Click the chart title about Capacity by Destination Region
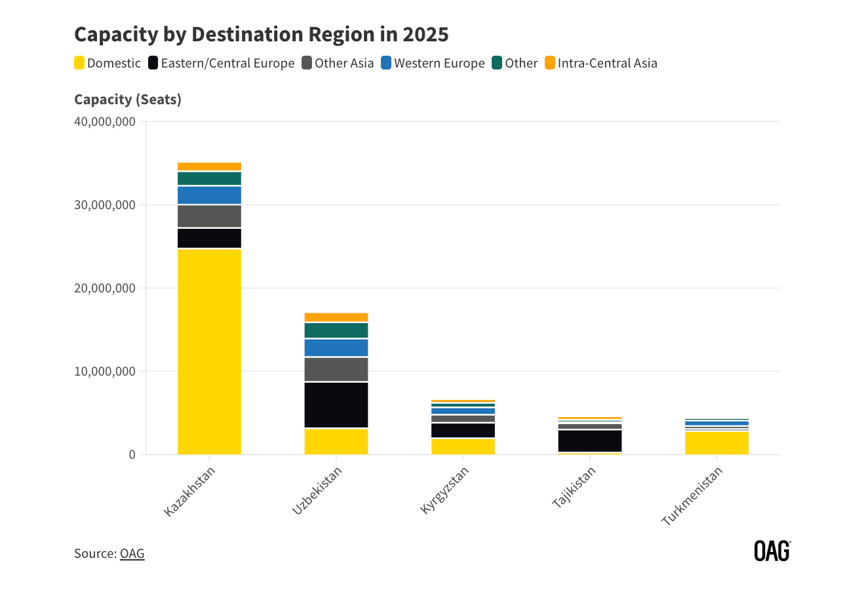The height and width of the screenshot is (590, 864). pyautogui.click(x=261, y=34)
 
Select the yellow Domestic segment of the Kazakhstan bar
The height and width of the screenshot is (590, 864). pyautogui.click(x=209, y=351)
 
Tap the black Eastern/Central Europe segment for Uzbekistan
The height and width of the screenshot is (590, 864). pyautogui.click(x=336, y=404)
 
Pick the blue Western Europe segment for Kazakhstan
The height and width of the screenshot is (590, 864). pyautogui.click(x=209, y=195)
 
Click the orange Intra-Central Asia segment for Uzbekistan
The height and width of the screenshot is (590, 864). pyautogui.click(x=336, y=317)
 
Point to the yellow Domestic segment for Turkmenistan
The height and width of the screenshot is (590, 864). pyautogui.click(x=717, y=442)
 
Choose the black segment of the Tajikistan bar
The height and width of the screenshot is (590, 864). pyautogui.click(x=590, y=441)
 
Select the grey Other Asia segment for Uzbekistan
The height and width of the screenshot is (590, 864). pyautogui.click(x=336, y=369)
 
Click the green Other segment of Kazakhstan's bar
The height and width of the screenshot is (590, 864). pyautogui.click(x=209, y=178)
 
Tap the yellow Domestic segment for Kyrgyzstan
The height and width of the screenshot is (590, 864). pyautogui.click(x=463, y=446)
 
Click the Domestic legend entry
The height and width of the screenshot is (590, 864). pyautogui.click(x=108, y=63)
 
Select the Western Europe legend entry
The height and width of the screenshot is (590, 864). pyautogui.click(x=433, y=63)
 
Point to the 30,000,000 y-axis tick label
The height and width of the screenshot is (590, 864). pyautogui.click(x=105, y=205)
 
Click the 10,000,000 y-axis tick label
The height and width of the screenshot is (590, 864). pyautogui.click(x=105, y=371)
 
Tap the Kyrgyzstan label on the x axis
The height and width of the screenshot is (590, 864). pyautogui.click(x=445, y=490)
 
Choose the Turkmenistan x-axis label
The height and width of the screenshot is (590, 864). pyautogui.click(x=692, y=496)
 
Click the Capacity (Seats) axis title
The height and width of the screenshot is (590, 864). pyautogui.click(x=128, y=99)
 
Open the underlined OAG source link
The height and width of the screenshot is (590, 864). pyautogui.click(x=132, y=553)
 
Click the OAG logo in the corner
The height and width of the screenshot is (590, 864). pyautogui.click(x=772, y=551)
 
